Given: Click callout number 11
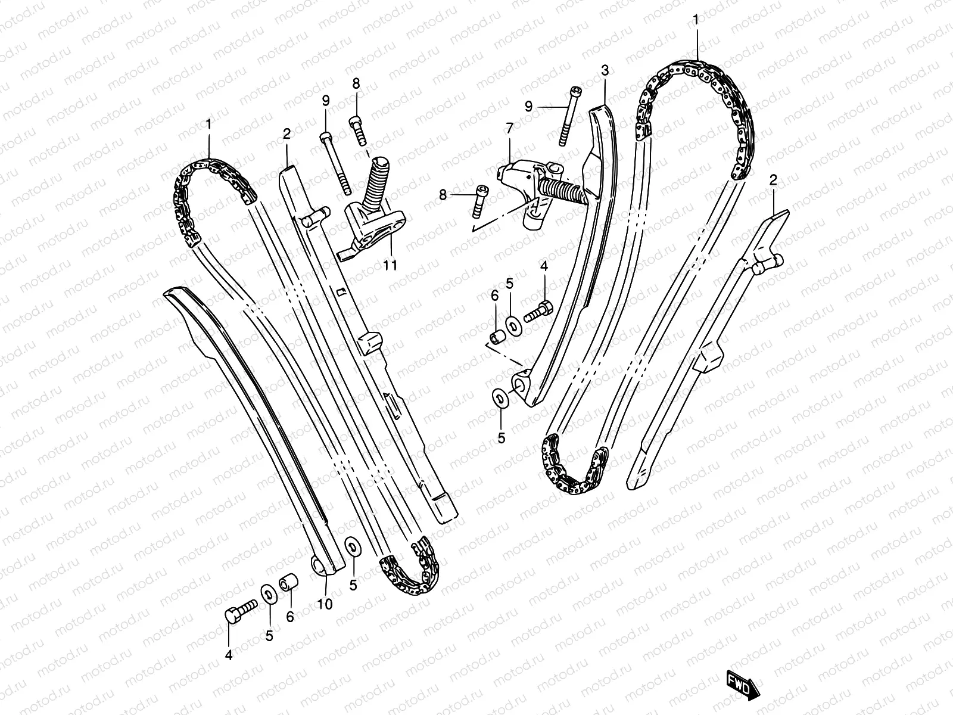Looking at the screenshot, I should (x=390, y=265).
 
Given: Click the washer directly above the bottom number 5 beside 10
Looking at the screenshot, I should (x=352, y=545).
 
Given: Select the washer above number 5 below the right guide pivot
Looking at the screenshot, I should (x=499, y=398).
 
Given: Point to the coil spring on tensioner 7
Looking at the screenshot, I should (x=560, y=192).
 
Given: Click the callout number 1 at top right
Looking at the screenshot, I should (x=696, y=21).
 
